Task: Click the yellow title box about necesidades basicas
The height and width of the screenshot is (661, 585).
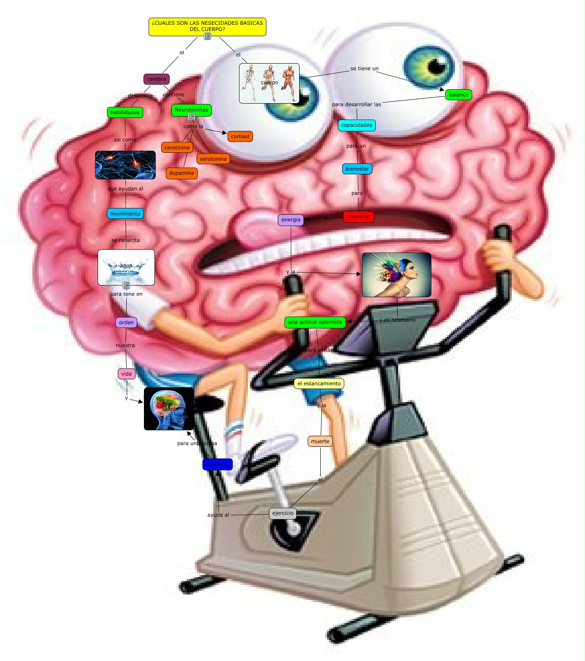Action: [x=207, y=26]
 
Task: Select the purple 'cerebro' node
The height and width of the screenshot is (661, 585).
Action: [x=157, y=79]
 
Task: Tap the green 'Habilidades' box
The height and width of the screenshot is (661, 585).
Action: [x=125, y=112]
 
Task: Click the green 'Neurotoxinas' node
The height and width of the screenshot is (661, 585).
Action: [x=191, y=110]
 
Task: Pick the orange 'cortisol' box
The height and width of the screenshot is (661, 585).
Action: [x=240, y=136]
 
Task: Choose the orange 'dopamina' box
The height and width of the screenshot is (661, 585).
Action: [x=181, y=173]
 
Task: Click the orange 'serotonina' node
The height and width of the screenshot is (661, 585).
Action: [x=213, y=159]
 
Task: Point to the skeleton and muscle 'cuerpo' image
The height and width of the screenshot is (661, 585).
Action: [x=269, y=83]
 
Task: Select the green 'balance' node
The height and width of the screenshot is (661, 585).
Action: [x=458, y=95]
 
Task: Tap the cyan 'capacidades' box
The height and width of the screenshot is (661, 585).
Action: [x=356, y=125]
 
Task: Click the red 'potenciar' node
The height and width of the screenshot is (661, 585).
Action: [x=358, y=216]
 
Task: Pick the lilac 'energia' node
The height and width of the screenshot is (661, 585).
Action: [x=291, y=220]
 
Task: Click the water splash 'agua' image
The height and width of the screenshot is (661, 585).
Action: [x=126, y=267]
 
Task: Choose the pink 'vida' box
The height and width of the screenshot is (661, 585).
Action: [x=126, y=374]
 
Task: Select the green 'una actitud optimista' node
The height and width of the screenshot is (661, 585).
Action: [x=315, y=322]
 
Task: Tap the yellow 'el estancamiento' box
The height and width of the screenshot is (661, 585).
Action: [x=319, y=384]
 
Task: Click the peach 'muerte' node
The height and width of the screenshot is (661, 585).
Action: [x=320, y=442]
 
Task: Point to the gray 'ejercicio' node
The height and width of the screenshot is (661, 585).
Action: [x=283, y=513]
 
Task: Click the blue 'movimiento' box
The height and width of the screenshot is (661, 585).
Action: [x=125, y=214]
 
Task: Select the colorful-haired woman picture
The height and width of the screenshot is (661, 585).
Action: [x=396, y=275]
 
